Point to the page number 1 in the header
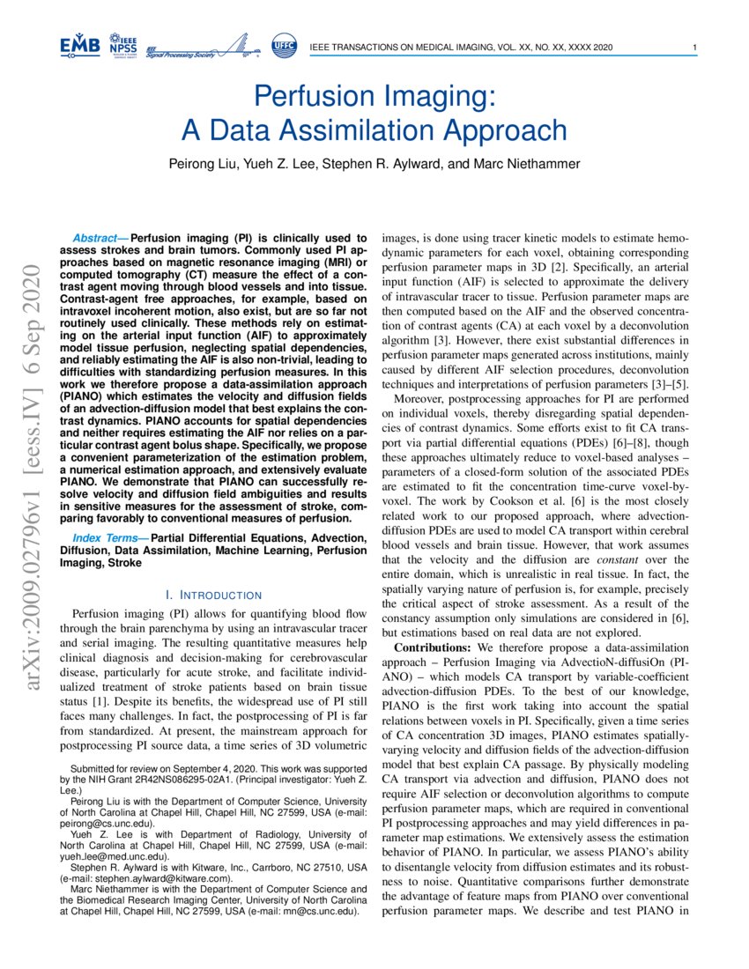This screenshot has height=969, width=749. point(695,47)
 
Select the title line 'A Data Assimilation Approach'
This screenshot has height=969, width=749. point(374,130)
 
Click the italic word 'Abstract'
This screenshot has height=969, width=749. point(98,238)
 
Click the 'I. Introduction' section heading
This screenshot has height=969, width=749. point(213,595)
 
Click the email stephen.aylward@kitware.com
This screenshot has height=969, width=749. point(159,878)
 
